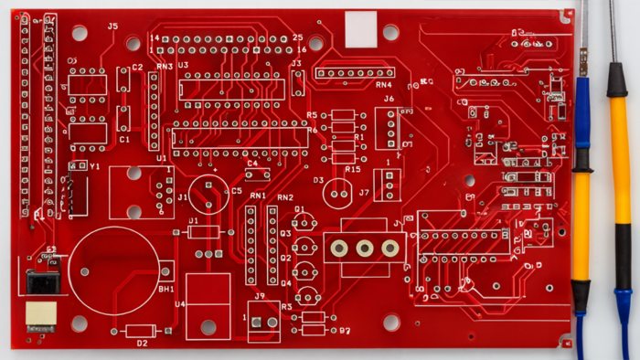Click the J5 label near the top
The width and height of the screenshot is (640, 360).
point(112,26)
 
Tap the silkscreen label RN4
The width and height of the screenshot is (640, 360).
point(383,85)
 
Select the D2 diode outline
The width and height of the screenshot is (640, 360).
point(140,331)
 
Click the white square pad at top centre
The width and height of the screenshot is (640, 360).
point(361,28)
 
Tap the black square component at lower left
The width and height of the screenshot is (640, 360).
point(41,281)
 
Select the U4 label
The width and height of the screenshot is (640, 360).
point(179,303)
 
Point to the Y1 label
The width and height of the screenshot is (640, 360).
point(94,166)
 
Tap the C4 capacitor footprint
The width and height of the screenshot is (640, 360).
point(257,174)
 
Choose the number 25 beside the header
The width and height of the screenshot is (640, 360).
point(297,37)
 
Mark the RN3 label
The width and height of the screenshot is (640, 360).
point(165,67)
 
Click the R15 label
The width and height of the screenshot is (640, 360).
point(353,170)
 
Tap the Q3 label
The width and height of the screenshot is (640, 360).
point(285,234)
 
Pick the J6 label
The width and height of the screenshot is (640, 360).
point(389,99)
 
